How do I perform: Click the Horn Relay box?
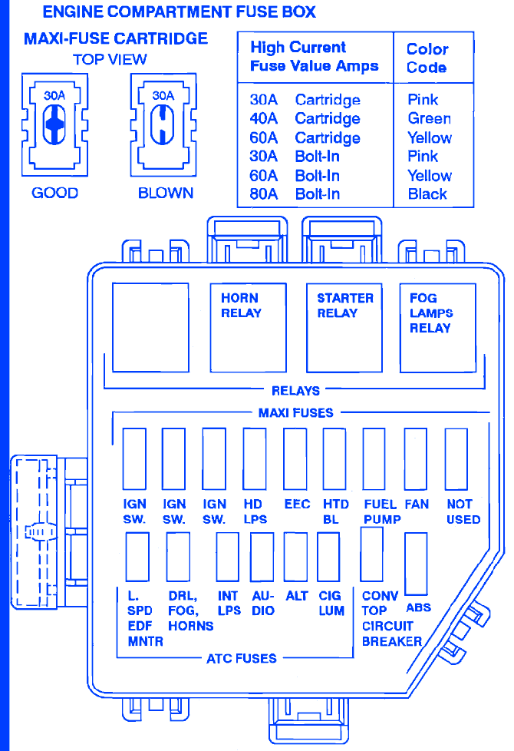(x=249, y=327)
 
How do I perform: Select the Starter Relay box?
(x=344, y=327)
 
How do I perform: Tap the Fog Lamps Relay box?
(x=438, y=327)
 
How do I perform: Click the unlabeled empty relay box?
(x=151, y=327)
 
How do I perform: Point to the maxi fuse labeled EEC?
(x=295, y=459)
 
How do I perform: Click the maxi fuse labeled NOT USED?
(x=456, y=459)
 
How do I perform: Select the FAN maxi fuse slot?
(x=415, y=459)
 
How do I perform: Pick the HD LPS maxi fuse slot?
(x=254, y=459)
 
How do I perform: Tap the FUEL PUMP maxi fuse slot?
(x=374, y=459)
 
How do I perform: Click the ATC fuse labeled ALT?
(x=295, y=557)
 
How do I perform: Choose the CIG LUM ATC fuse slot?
(x=328, y=557)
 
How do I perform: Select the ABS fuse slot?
(x=416, y=563)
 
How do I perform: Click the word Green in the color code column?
(x=429, y=119)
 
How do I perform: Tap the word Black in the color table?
(x=427, y=194)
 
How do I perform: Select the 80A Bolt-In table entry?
(x=295, y=194)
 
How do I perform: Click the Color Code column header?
(x=427, y=58)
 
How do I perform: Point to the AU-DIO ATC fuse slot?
(x=262, y=557)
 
